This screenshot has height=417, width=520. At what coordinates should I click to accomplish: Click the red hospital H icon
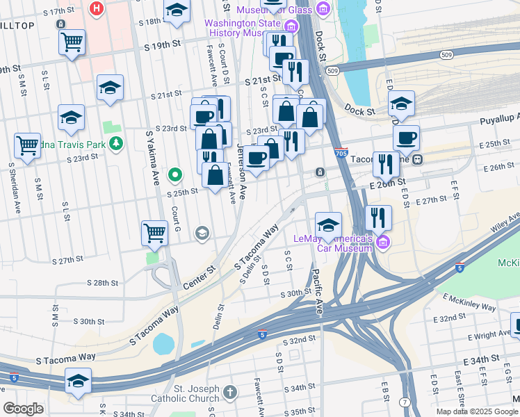[x=97, y=9]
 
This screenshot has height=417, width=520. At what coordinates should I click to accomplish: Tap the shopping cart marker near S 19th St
[x=72, y=43]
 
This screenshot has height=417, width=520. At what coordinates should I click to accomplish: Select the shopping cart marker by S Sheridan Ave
[x=27, y=146]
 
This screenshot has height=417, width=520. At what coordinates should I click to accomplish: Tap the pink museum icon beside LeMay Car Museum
[x=384, y=240]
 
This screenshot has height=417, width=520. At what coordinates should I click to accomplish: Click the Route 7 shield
[x=405, y=402]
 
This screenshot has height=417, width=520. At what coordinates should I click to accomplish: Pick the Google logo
[x=23, y=409]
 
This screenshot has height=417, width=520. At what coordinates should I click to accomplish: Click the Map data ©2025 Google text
[x=476, y=411]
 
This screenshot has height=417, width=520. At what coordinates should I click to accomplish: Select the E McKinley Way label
[x=469, y=302]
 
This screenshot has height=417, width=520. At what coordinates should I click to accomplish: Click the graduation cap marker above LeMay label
[x=328, y=225]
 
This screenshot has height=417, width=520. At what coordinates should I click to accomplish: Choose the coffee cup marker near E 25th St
[x=406, y=137]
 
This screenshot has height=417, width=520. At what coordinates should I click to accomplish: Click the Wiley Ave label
[x=502, y=223]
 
